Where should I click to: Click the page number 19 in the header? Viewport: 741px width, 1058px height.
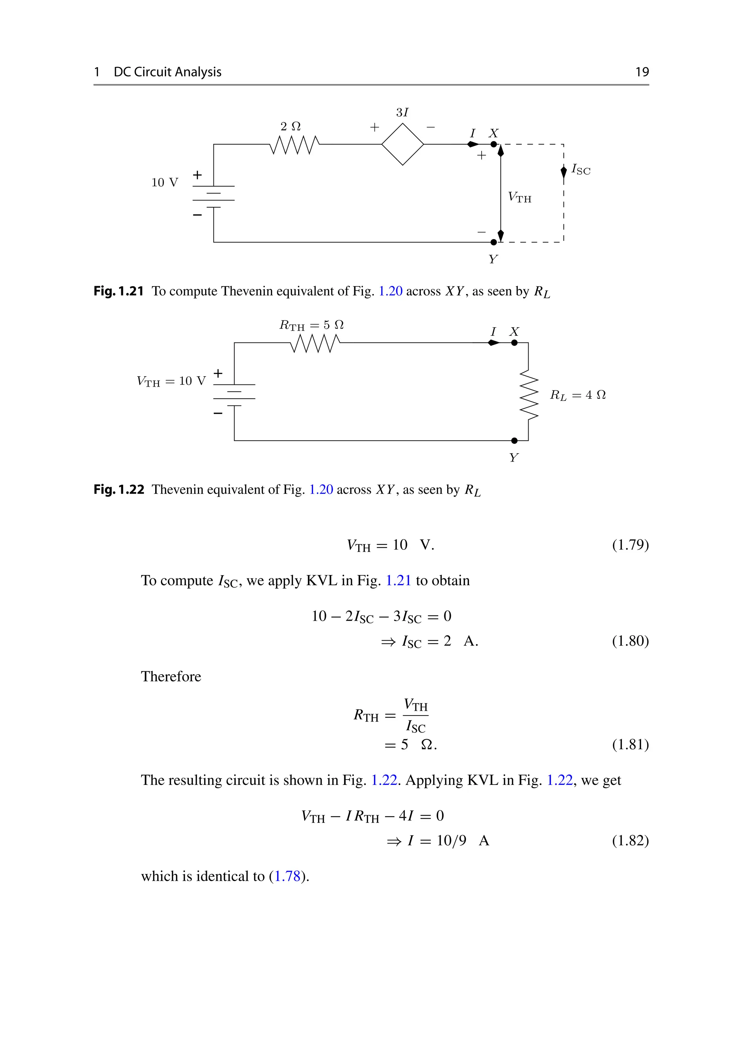tap(642, 72)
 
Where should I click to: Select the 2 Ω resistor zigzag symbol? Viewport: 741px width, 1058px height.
tap(294, 145)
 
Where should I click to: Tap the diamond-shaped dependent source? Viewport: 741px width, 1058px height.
tap(402, 144)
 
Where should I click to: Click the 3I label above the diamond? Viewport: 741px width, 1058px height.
tap(402, 112)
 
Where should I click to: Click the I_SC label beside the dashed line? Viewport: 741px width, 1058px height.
tap(581, 170)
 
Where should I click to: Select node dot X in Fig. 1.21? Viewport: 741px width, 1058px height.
tap(494, 144)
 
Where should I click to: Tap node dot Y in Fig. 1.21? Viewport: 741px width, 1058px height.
tap(494, 242)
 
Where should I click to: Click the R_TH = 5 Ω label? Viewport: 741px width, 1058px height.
tap(312, 325)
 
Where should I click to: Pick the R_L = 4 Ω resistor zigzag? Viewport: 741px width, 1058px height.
tap(529, 396)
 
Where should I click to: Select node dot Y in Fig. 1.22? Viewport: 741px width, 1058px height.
tap(514, 441)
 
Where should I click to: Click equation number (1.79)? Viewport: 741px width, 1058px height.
tap(630, 545)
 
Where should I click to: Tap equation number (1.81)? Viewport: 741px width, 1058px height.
tap(630, 745)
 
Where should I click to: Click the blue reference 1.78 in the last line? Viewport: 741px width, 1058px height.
tap(288, 876)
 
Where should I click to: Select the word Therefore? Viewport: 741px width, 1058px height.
tap(171, 676)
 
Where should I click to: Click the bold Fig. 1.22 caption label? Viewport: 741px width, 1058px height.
tap(119, 489)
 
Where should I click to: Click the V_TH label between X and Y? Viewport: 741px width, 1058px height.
tap(519, 197)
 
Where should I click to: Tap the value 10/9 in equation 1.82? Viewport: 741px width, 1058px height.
tap(451, 841)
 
